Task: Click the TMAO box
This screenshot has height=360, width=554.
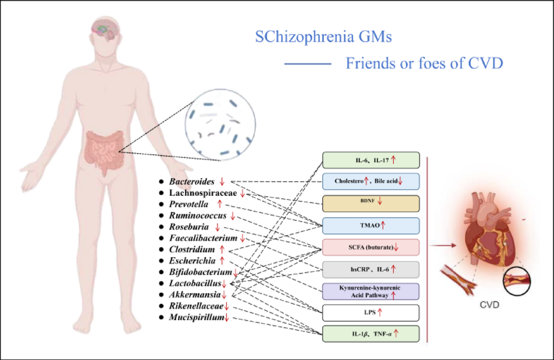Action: [371, 225]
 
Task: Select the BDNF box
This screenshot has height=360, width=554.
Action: [371, 204]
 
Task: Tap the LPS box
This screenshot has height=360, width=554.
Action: [371, 313]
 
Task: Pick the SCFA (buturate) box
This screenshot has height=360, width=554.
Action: [371, 247]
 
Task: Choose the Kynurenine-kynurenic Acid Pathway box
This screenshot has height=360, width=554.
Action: [371, 291]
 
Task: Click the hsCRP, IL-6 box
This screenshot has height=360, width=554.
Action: [371, 269]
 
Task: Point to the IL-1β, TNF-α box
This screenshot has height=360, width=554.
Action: [371, 334]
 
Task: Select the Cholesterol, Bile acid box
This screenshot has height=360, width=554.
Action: [371, 181]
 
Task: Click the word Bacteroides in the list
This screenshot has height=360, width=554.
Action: [192, 181]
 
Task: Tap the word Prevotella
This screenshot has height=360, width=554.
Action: [189, 204]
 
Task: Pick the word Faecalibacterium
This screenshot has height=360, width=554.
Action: [203, 238]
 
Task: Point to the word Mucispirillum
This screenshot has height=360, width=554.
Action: [196, 317]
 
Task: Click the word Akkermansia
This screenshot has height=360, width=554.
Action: [195, 295]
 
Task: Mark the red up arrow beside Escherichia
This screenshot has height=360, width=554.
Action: [222, 261]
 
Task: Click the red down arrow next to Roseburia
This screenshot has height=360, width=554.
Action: [218, 227]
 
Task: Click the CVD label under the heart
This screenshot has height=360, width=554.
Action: [489, 305]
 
